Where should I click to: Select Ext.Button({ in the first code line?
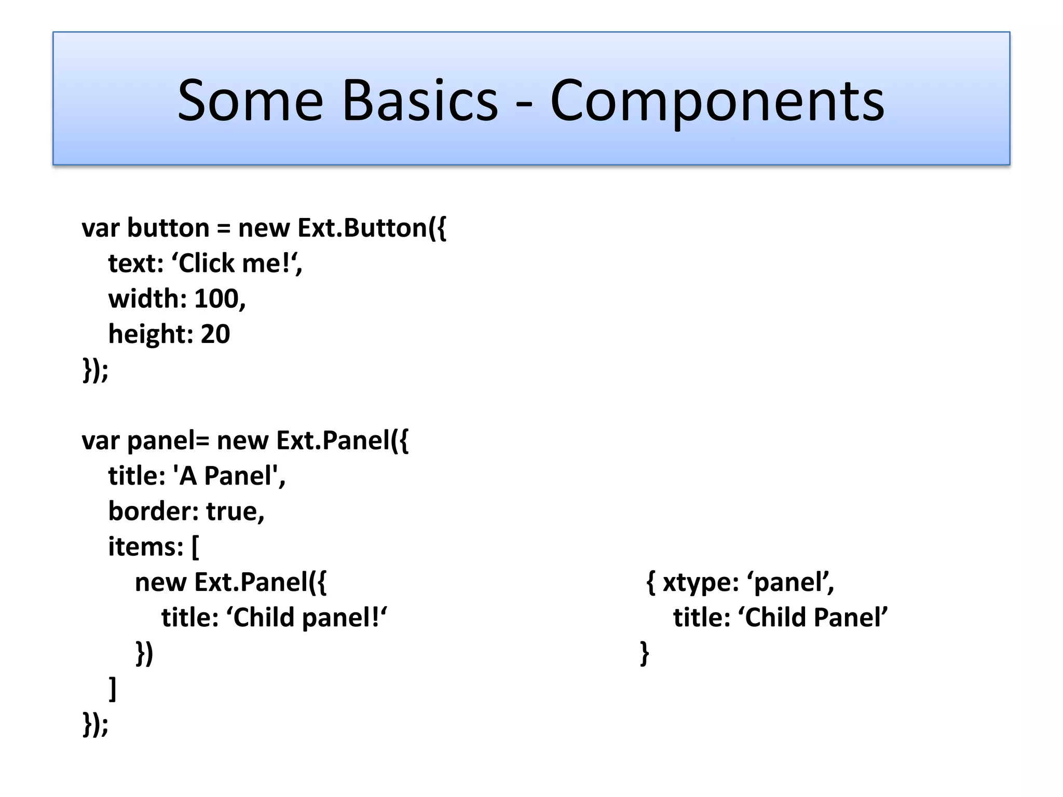[x=372, y=228]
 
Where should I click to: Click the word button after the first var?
[x=168, y=228]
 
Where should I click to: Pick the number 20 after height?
[x=215, y=334]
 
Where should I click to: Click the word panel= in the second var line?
[x=168, y=441]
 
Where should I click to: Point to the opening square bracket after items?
[x=195, y=547]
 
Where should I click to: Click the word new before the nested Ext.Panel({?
[x=160, y=582]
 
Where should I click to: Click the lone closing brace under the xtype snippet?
[x=644, y=653]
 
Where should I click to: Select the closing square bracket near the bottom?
[x=112, y=689]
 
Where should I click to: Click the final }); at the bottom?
[x=96, y=724]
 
